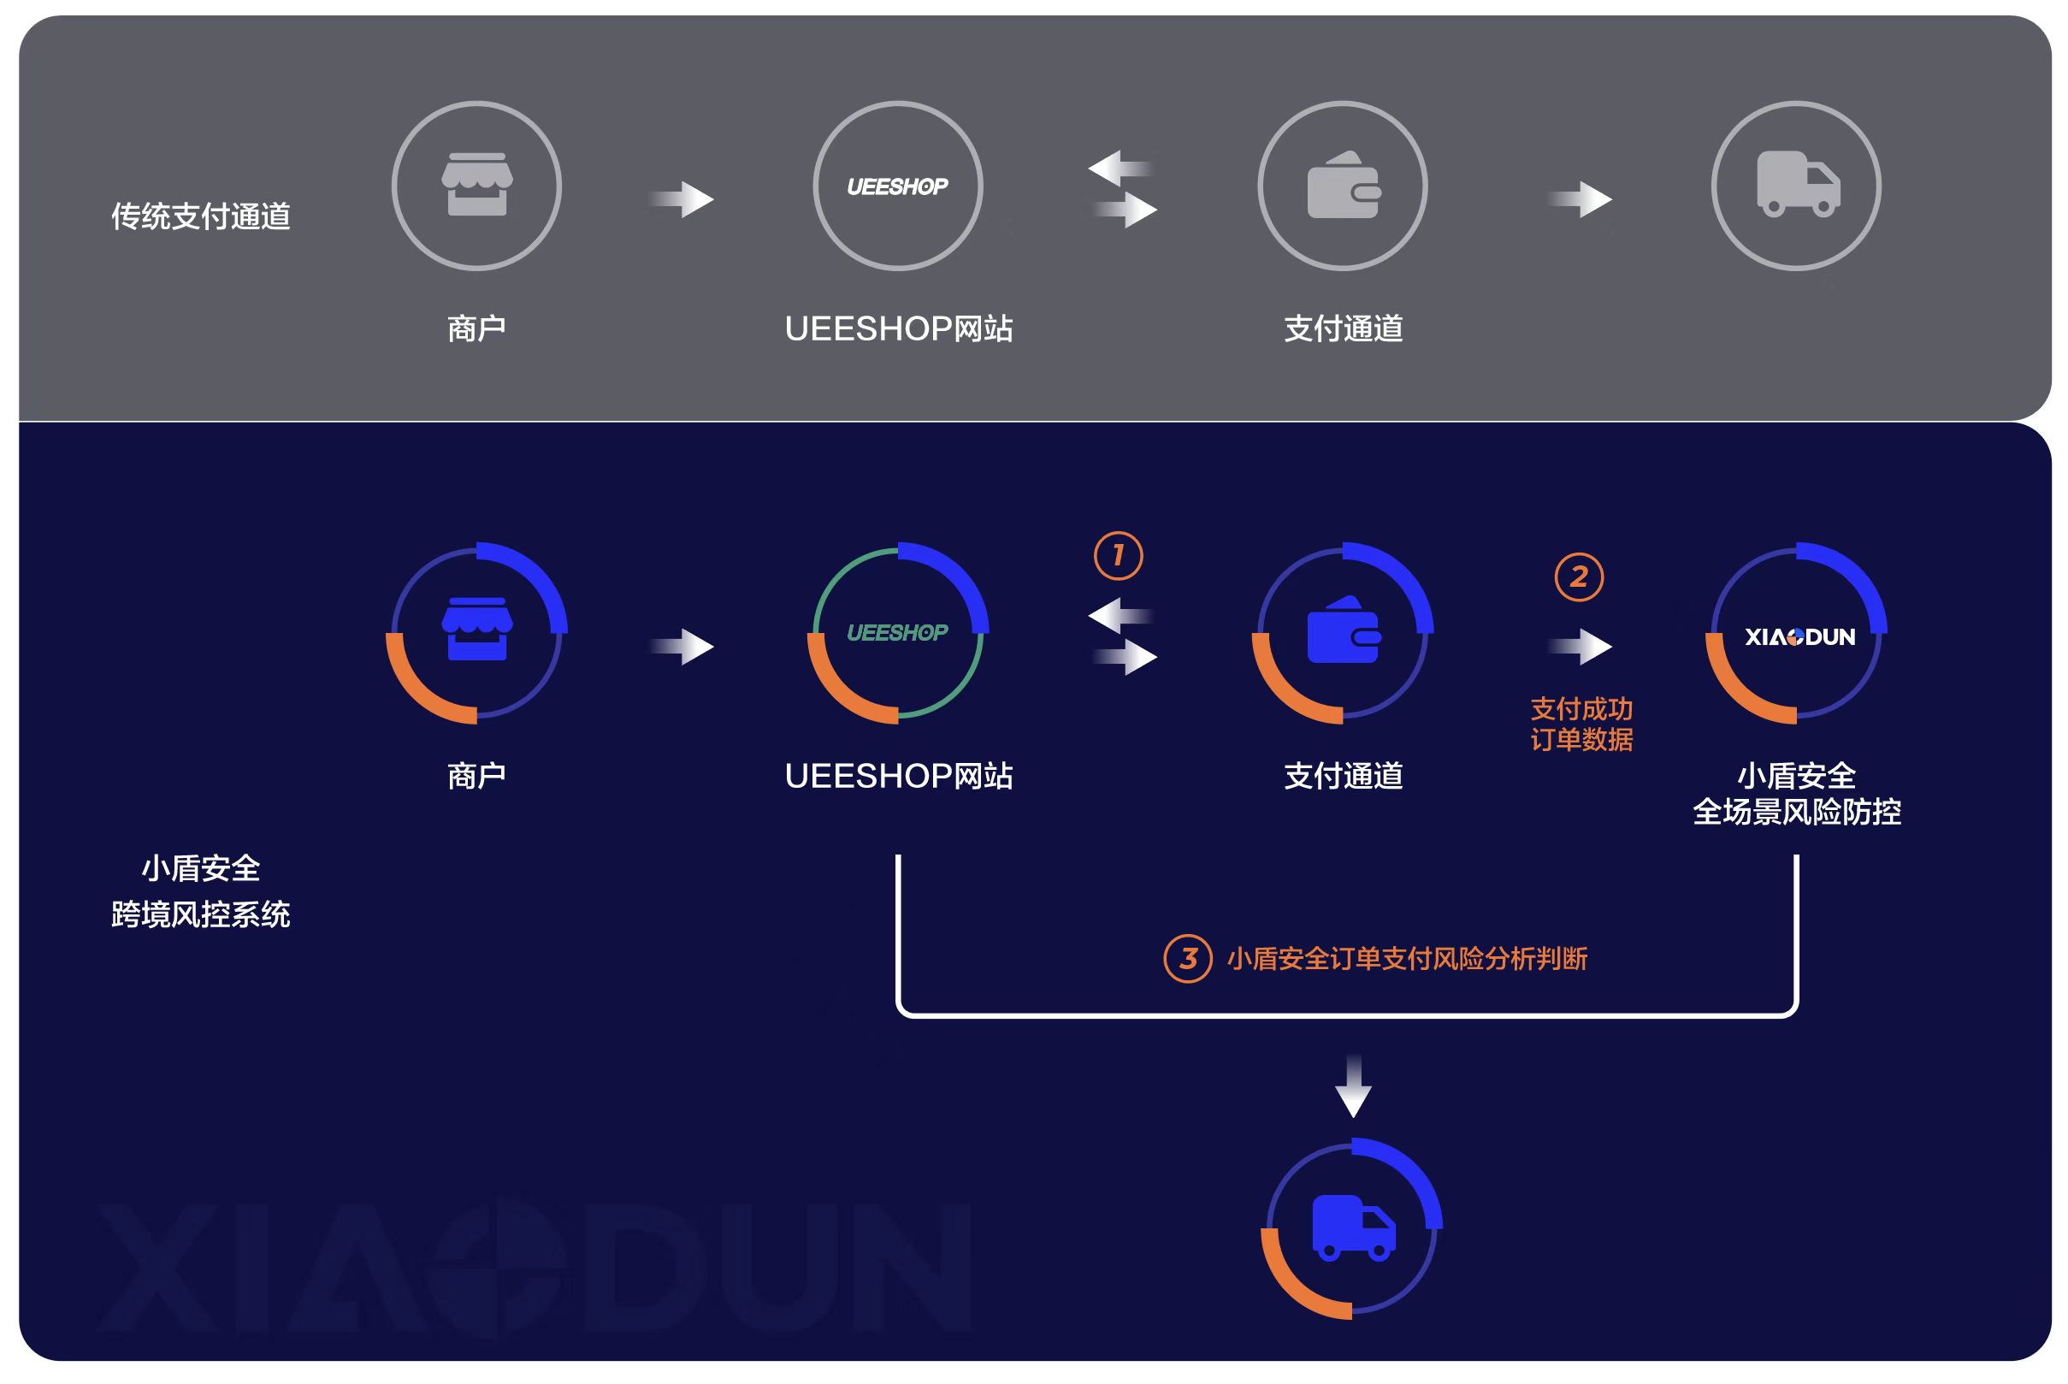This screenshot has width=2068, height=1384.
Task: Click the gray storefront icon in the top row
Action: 476,185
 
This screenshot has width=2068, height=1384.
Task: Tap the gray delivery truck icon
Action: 1797,184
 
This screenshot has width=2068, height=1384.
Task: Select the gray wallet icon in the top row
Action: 1343,185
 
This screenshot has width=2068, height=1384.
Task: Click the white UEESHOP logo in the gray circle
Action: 897,186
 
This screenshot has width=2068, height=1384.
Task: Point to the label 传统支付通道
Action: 201,216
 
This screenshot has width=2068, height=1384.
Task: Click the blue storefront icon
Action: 476,629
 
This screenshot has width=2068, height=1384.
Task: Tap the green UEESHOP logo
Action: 897,633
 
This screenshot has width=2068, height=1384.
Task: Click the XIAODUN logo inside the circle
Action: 1799,636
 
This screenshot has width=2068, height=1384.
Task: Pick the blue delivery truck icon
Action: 1353,1227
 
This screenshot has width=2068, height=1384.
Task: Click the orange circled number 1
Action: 1118,555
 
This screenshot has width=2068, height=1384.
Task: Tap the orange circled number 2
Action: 1578,577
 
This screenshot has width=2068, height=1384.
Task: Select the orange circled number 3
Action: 1187,959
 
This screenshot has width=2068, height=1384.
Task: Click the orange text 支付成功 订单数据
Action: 1581,724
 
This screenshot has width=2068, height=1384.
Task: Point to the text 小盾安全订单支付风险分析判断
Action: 1407,959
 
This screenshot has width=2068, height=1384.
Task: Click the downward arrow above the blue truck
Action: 1353,1085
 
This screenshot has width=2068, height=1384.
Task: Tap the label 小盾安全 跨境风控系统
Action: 201,891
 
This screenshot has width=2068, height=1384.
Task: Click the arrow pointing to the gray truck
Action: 1581,199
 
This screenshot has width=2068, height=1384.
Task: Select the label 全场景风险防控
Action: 1796,812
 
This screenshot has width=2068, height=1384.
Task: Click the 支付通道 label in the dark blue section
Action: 1343,776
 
